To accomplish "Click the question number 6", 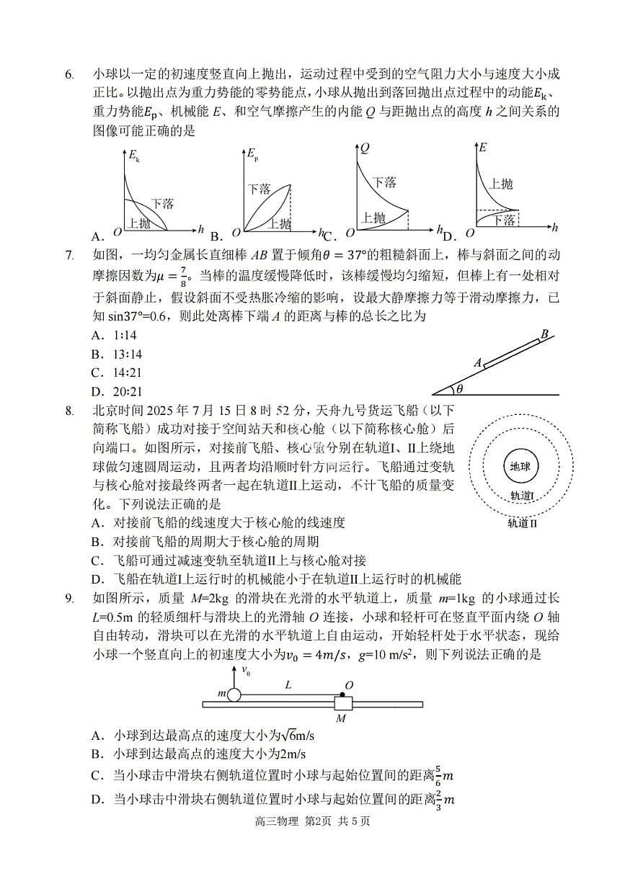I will (x=69, y=75).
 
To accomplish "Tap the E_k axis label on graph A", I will (x=133, y=153).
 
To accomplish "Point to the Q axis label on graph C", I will (x=365, y=148).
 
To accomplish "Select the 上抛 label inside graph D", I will (x=501, y=184).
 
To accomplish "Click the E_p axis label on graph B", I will (x=252, y=153).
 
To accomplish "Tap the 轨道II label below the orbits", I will (x=523, y=523).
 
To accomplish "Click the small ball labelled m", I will (x=234, y=695).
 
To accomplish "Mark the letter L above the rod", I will (x=288, y=685).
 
